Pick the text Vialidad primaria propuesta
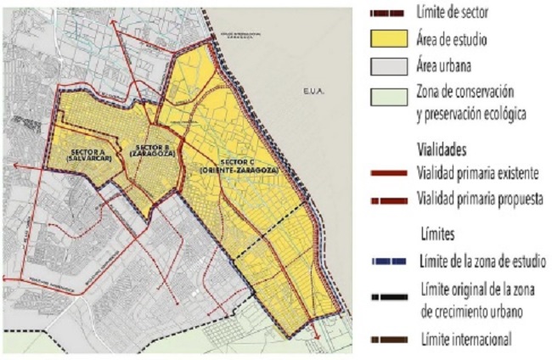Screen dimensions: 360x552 click(480, 200)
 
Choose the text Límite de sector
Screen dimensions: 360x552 click(459, 12)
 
